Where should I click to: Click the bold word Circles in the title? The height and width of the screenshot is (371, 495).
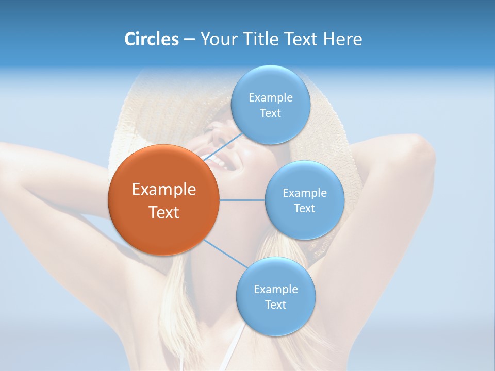pyautogui.click(x=152, y=39)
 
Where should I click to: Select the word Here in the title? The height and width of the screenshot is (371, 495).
pyautogui.click(x=343, y=39)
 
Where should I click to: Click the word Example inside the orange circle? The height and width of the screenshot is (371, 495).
pyautogui.click(x=164, y=190)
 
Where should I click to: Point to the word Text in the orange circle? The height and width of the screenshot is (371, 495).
pyautogui.click(x=164, y=212)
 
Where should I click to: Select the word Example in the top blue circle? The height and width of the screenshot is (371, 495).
pyautogui.click(x=271, y=98)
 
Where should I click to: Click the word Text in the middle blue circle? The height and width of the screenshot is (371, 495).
pyautogui.click(x=304, y=208)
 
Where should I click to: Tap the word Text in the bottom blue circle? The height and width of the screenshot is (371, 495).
pyautogui.click(x=275, y=305)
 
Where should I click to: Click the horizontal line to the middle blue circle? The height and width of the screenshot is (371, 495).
pyautogui.click(x=242, y=200)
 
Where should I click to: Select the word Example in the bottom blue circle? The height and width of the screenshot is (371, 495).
pyautogui.click(x=275, y=289)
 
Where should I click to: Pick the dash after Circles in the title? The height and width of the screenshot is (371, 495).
pyautogui.click(x=189, y=39)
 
